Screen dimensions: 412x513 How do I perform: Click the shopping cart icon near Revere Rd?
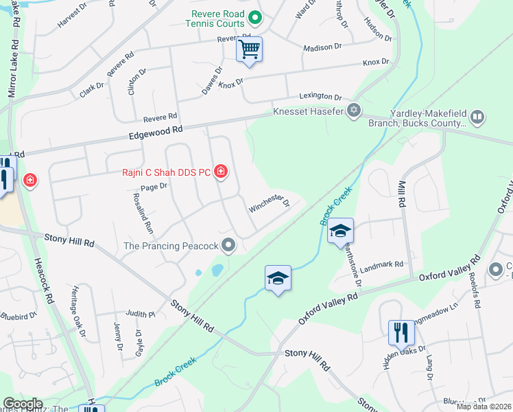pos(249,49)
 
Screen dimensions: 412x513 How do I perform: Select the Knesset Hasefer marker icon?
pos(354,110)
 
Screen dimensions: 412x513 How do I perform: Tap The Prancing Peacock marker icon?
pos(229,245)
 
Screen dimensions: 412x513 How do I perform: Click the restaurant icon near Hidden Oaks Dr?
pos(401,332)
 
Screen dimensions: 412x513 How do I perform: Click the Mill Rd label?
pos(401,194)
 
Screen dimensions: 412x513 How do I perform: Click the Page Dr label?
pos(154,186)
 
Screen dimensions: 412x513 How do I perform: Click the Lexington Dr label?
pos(320,98)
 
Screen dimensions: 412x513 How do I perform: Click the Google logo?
pos(23,404)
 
